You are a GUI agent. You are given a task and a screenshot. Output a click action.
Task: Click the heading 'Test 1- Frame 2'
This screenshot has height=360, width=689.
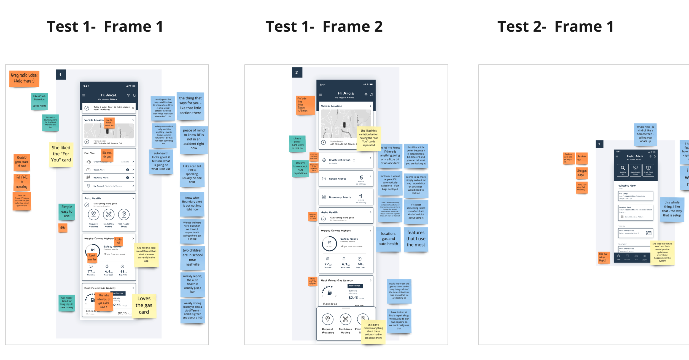tap(324, 27)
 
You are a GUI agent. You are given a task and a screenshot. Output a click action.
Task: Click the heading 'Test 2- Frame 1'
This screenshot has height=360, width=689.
tap(555, 27)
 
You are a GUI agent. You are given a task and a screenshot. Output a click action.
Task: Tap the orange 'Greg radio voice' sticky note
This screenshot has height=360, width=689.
tap(24, 78)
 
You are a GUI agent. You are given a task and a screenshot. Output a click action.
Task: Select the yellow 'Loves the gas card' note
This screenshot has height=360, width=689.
tap(144, 305)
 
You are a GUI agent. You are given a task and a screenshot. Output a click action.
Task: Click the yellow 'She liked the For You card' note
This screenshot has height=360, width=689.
tap(61, 154)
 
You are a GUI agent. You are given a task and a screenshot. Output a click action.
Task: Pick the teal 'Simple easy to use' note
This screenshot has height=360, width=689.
tap(67, 212)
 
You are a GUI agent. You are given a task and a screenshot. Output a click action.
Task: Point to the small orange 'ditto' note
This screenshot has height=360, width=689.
tap(63, 228)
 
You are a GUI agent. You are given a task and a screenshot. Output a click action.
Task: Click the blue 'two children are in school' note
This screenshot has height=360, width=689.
tap(192, 257)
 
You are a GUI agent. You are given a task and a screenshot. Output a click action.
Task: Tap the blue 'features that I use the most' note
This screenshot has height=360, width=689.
tap(416, 239)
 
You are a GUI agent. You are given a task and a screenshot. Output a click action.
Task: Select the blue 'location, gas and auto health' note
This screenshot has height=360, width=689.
tap(388, 239)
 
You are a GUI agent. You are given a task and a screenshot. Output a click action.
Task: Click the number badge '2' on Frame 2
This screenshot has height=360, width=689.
tap(297, 72)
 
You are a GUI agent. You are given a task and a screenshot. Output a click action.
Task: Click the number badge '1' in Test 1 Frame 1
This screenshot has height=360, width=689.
tap(61, 75)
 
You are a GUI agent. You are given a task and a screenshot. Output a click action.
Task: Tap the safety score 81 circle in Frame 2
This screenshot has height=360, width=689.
tap(329, 243)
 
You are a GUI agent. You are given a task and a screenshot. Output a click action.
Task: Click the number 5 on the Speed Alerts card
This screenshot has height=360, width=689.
tap(361, 178)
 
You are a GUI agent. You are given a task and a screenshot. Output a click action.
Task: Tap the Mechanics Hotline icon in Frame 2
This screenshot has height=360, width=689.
tap(345, 320)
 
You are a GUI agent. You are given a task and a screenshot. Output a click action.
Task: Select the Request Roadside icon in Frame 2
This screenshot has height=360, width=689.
tap(328, 320)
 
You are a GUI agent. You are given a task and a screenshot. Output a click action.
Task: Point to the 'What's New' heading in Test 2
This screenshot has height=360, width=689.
tap(627, 186)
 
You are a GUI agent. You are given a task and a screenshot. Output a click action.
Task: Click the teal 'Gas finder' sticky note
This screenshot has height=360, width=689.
tap(67, 303)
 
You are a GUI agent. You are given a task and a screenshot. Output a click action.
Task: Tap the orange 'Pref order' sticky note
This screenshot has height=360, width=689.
tap(305, 105)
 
